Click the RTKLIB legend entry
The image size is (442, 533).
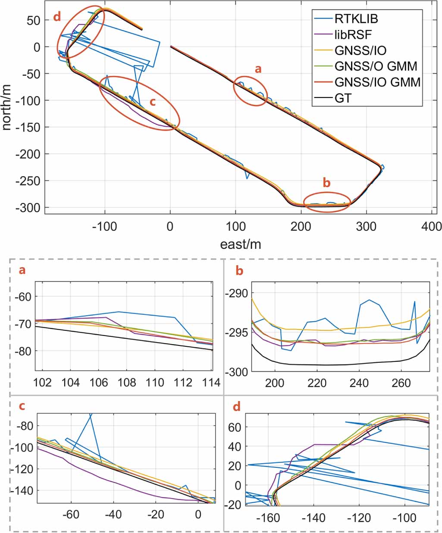[356, 19]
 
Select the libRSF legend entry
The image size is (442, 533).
[354, 34]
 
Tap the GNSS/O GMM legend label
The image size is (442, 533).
[376, 66]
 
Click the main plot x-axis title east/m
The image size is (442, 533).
[240, 244]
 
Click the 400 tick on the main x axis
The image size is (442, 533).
[432, 226]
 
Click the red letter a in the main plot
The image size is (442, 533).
[258, 69]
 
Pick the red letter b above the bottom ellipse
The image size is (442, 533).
[326, 183]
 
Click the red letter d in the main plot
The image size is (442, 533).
[57, 17]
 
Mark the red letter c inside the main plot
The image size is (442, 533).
[152, 102]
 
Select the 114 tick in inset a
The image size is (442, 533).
[211, 383]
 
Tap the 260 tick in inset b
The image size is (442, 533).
[401, 383]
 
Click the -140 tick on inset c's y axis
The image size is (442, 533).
[25, 490]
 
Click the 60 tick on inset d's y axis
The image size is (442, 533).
[236, 427]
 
